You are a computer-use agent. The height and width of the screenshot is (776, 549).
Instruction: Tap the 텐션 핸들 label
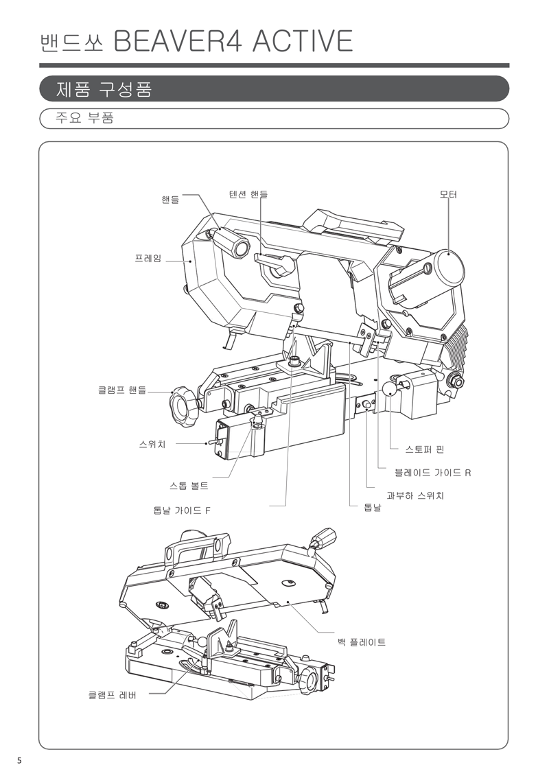248,195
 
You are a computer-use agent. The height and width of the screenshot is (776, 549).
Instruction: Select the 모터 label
448,195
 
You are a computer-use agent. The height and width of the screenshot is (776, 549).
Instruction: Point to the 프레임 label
148,259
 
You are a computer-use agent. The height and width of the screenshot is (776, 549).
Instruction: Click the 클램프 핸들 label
122,390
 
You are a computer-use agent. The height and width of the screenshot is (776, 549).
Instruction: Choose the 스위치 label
152,444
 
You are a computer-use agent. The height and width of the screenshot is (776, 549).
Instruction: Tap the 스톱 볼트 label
189,486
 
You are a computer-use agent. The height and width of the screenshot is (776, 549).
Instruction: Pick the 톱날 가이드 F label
182,510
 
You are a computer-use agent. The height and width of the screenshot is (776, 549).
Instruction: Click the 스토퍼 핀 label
425,449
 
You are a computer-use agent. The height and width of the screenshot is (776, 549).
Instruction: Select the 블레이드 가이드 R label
432,473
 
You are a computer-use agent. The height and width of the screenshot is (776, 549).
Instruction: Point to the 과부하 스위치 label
415,495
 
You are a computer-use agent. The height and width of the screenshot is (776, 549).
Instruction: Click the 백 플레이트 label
362,642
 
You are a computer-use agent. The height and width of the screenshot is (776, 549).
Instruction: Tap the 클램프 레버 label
113,694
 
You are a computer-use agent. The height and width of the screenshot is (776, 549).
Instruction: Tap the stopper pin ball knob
390,390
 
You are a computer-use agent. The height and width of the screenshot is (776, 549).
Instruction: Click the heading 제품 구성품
103,89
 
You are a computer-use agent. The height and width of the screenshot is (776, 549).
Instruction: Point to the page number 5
19,760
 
